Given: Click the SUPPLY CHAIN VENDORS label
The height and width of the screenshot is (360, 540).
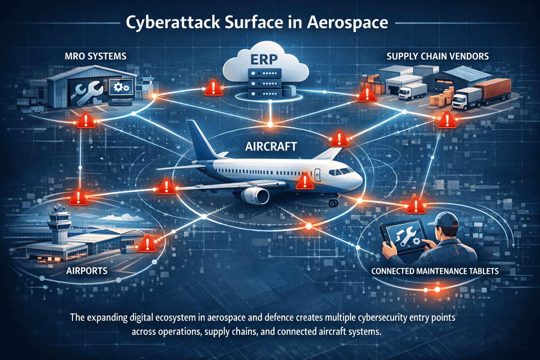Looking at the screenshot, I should point(437,56).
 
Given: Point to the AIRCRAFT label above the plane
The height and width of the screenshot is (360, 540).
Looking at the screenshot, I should point(271,146).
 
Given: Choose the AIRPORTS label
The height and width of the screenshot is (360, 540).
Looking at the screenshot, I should point(86,271).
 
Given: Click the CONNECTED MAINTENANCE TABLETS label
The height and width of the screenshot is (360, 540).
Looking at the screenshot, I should point(435,271).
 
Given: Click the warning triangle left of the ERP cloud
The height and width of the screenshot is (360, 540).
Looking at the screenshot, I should point(213,88).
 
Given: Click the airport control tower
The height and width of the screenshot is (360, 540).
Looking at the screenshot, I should point(58,225).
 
